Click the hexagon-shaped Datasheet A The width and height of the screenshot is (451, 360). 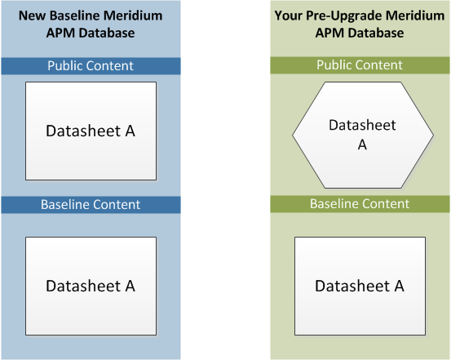coord(363,135)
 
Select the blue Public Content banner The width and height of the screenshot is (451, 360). coord(91,66)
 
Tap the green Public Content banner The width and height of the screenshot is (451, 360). coord(360,65)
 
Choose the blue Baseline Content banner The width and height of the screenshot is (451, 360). coord(91,205)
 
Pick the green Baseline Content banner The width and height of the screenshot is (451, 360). coord(360,204)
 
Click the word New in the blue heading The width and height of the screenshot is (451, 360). coord(32,16)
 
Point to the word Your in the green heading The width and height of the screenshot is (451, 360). coord(288,16)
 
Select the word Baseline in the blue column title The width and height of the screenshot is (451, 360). coord(74,16)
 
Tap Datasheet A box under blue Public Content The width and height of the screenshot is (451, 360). coord(91,131)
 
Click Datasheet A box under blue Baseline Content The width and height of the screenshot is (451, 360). coord(91,286)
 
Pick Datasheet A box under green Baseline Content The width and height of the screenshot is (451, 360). coord(360,286)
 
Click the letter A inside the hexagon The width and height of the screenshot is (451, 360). coord(362,144)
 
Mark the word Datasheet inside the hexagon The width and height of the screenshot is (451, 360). coord(362,125)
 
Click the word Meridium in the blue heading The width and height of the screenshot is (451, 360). coord(133,16)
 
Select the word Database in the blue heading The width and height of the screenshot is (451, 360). coord(107,33)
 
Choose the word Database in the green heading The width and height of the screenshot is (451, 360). coord(376,33)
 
